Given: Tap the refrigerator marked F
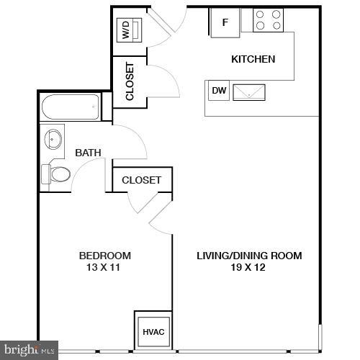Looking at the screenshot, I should (x=224, y=22).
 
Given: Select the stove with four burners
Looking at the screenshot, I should (x=269, y=20).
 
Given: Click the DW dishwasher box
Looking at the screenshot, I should (x=218, y=91).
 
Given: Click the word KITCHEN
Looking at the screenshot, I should (x=252, y=59).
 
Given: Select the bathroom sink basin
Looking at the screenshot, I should (x=53, y=138).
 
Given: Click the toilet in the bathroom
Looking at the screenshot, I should (x=55, y=174).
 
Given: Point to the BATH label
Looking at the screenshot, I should (x=88, y=153).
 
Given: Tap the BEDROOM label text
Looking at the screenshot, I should (x=104, y=256).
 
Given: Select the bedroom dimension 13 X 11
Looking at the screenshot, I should (x=104, y=268).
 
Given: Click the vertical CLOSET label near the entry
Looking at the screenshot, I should (x=130, y=83).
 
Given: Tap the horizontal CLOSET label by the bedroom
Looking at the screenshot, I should (x=141, y=180).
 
